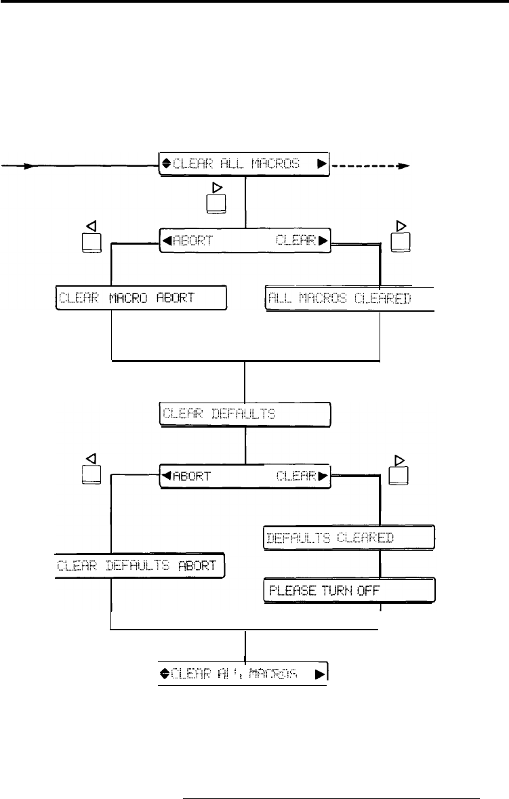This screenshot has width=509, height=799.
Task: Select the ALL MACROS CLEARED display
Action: click(x=348, y=298)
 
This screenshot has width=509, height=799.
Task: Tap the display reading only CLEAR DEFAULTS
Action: click(x=245, y=414)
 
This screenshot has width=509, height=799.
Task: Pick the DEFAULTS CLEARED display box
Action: click(x=348, y=537)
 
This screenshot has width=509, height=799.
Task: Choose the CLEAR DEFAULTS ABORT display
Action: click(x=140, y=565)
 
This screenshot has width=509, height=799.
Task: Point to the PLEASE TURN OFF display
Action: click(x=348, y=590)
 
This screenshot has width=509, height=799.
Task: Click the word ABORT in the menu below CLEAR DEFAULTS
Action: click(x=192, y=476)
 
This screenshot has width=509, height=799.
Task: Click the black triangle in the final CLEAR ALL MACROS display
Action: click(x=319, y=674)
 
